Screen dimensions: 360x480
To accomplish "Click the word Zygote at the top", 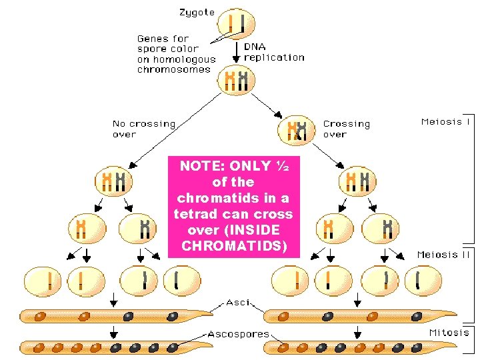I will click(x=197, y=12).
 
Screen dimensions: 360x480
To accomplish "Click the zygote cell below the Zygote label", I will click(x=236, y=25).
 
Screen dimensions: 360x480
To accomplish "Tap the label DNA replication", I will click(x=273, y=52).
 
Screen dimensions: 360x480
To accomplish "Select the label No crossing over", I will click(x=143, y=129).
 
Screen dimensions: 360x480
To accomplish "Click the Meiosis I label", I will click(x=445, y=122).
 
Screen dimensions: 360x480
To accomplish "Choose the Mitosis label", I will click(x=449, y=332).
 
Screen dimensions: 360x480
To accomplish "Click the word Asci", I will click(x=238, y=302).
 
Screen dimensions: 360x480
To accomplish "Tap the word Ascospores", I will click(x=238, y=333).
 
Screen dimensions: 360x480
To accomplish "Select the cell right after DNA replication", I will click(x=236, y=80).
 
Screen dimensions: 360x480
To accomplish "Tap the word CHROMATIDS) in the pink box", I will click(x=233, y=246).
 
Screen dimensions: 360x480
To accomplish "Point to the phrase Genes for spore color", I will click(x=167, y=43).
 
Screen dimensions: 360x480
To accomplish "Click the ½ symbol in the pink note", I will click(x=283, y=166).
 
